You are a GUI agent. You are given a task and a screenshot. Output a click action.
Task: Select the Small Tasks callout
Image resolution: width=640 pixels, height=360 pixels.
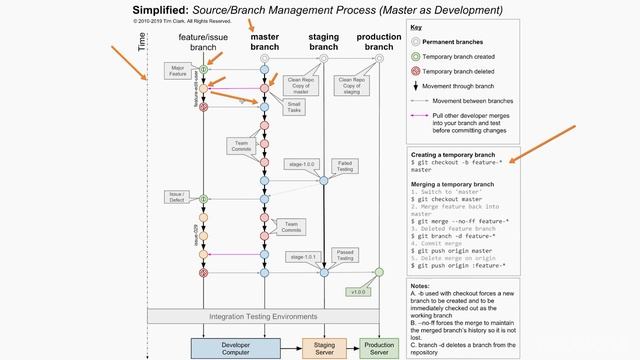[295, 107]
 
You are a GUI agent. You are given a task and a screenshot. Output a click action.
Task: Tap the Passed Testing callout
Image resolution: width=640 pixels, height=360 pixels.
[345, 256]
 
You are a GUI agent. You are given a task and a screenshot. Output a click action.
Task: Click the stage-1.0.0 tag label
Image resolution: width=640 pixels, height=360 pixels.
[300, 163]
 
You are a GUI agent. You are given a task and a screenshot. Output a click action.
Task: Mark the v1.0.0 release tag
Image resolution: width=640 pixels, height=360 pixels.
[357, 292]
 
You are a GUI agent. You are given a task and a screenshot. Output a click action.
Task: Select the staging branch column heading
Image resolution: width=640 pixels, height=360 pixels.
[323, 42]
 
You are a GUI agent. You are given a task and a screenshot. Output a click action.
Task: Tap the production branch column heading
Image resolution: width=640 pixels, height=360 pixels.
[378, 42]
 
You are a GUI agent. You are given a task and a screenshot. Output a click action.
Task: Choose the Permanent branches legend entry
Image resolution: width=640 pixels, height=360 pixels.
[453, 42]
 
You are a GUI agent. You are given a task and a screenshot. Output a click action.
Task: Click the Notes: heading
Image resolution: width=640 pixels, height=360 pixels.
[421, 286]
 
